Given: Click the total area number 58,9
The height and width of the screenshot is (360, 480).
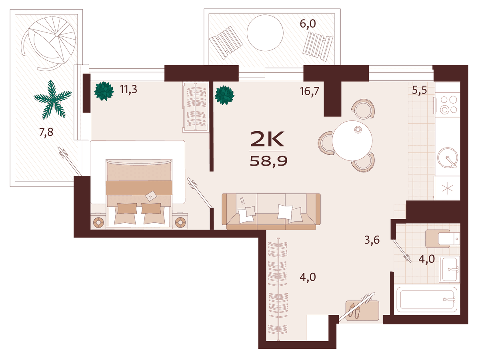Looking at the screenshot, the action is (x=268, y=162).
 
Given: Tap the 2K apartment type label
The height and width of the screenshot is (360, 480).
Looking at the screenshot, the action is (x=267, y=139).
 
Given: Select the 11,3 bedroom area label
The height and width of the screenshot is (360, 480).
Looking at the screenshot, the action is (x=128, y=89).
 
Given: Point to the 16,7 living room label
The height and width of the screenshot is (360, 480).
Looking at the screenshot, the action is (x=310, y=91).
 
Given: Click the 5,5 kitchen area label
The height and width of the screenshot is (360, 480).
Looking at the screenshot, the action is (x=420, y=90).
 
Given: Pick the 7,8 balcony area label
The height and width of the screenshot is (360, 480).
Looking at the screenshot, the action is (x=46, y=132).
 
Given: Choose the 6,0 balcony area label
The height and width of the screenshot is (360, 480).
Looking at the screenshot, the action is (x=308, y=24).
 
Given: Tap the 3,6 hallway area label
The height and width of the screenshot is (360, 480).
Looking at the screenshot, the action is (x=372, y=240).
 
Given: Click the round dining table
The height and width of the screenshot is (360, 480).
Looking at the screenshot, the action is (x=352, y=140).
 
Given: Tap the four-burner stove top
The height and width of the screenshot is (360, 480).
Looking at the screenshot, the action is (x=448, y=104).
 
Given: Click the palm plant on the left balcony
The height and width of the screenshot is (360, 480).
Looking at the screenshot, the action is (x=53, y=100).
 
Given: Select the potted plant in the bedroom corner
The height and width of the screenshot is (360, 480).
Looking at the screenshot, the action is (x=104, y=91).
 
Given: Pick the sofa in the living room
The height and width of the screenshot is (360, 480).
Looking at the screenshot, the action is (x=271, y=211).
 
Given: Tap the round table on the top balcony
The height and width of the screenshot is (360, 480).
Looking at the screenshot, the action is (x=265, y=33).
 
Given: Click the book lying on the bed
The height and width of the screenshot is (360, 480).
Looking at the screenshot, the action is (x=151, y=196).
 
